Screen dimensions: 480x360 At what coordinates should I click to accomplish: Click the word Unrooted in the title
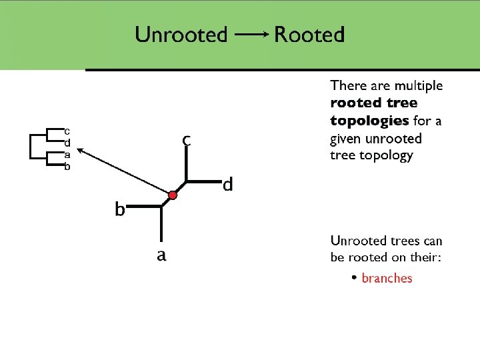(x=181, y=34)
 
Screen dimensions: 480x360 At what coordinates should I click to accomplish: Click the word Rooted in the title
(x=309, y=34)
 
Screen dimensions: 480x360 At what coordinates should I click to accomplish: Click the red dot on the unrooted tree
(x=172, y=195)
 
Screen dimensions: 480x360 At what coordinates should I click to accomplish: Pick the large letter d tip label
(x=228, y=184)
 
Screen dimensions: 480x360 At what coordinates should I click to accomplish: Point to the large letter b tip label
(x=120, y=210)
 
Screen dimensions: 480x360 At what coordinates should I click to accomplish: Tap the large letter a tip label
(x=161, y=255)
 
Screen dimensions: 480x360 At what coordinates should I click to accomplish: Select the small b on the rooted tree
(x=67, y=167)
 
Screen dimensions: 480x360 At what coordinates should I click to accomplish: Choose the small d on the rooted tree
(x=67, y=142)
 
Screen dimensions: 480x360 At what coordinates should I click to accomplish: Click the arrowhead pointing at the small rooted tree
(x=74, y=151)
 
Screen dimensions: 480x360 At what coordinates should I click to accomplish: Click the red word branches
(x=387, y=279)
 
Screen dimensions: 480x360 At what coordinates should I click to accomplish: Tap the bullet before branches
(x=355, y=277)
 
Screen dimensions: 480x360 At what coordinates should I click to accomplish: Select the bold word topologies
(x=369, y=121)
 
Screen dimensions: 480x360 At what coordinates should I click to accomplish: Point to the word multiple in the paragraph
(x=417, y=85)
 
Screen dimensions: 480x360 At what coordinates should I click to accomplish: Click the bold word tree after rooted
(x=402, y=103)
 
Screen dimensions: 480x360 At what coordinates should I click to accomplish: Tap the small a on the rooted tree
(x=67, y=155)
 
